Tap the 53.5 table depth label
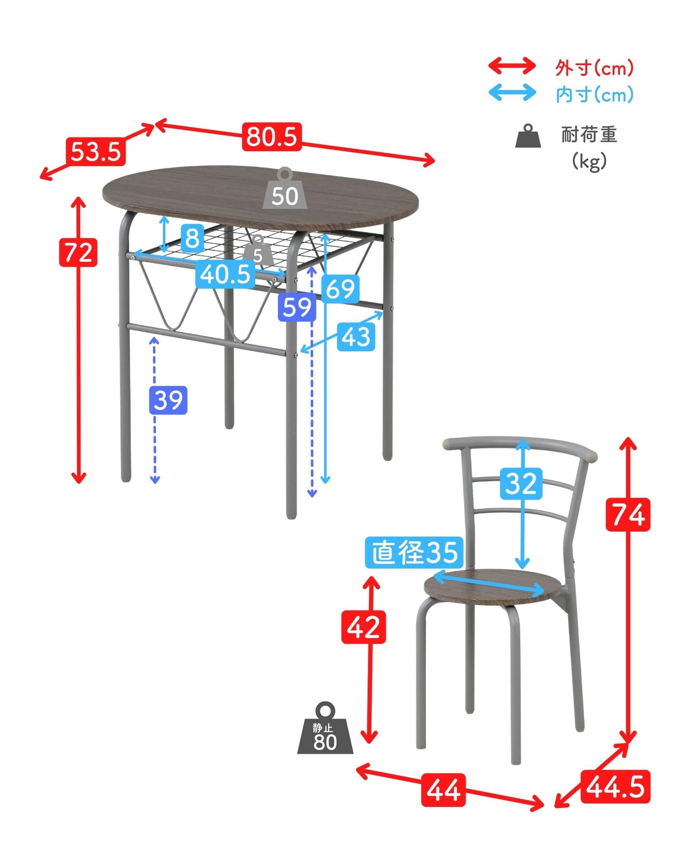tap(96, 151)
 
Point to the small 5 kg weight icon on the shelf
tap(258, 250)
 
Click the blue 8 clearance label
tap(192, 238)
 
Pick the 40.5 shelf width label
tap(225, 274)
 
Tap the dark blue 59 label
tap(297, 307)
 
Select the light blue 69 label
tap(341, 289)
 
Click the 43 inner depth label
tap(356, 336)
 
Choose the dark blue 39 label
tap(168, 400)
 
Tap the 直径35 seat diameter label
tap(414, 553)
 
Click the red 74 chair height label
tap(628, 515)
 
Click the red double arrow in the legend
tap(512, 66)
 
